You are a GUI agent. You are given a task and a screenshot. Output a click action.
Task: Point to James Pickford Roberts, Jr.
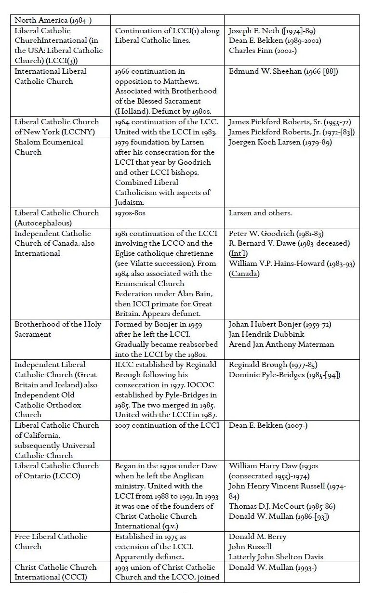pyautogui.click(x=285, y=132)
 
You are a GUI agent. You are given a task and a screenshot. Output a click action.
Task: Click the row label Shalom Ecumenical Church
pyautogui.click(x=49, y=147)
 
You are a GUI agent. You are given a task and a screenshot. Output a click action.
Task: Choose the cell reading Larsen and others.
pyautogui.click(x=260, y=212)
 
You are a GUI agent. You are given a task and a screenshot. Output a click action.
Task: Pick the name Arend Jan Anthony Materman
pyautogui.click(x=281, y=344)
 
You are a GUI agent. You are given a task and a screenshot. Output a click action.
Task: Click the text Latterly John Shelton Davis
pyautogui.click(x=276, y=556)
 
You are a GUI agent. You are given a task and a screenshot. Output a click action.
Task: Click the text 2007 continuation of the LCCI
pyautogui.click(x=167, y=425)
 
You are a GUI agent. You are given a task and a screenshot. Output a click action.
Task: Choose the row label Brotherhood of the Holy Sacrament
pyautogui.click(x=57, y=329)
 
